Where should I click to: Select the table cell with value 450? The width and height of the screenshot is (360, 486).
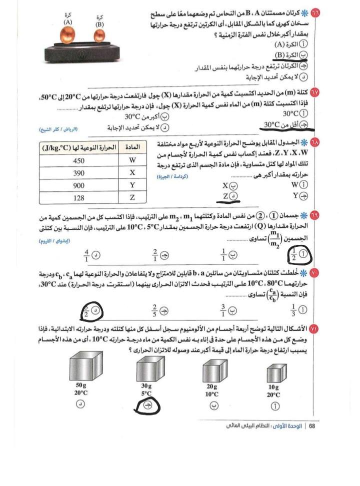(x=79, y=161)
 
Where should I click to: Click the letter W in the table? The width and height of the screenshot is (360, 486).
(x=132, y=161)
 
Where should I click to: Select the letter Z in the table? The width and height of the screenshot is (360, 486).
(x=132, y=197)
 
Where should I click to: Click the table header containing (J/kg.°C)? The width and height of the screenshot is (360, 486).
(x=79, y=148)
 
